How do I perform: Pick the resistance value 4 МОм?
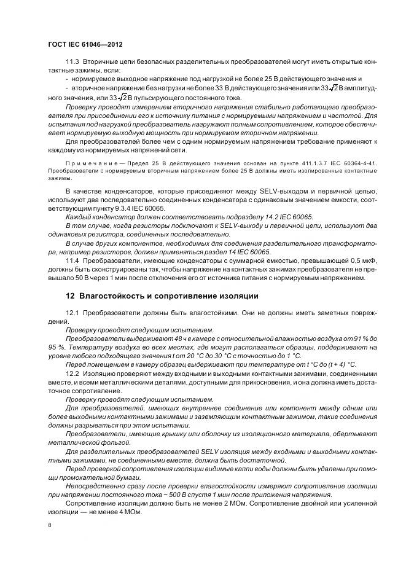[x=130, y=513]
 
